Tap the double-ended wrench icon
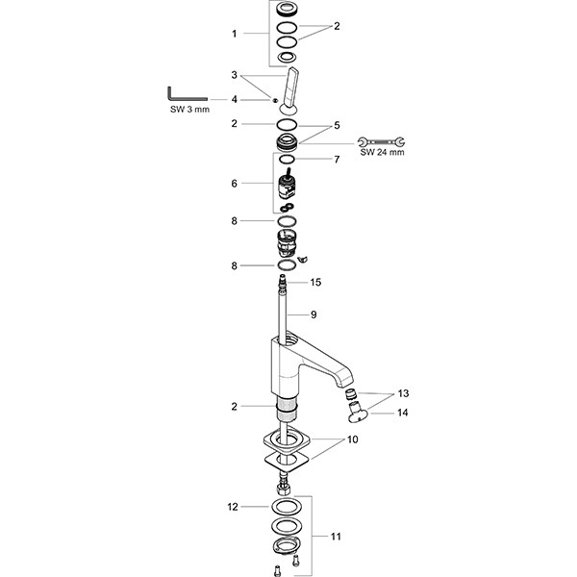381,141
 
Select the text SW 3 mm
189,110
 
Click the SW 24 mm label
382,152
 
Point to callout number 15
315,282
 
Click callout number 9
314,314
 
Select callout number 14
403,413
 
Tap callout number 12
233,507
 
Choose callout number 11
336,537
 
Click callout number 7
337,160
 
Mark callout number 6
235,184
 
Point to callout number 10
352,439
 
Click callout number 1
235,34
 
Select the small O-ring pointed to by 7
287,159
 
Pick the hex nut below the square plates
284,489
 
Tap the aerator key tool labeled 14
356,413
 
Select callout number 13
403,393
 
